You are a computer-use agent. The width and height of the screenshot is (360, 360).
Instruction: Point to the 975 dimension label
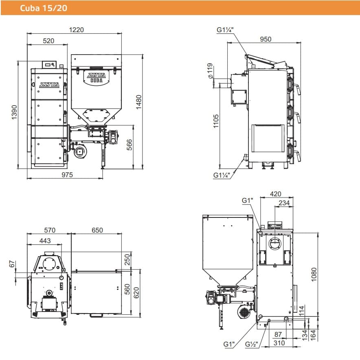coord(66,175)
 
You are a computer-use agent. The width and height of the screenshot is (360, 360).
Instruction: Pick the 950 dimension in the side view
coord(266,39)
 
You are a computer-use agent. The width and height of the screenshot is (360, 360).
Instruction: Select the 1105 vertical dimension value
coord(216,121)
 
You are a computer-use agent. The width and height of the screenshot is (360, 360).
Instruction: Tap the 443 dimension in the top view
coord(45,241)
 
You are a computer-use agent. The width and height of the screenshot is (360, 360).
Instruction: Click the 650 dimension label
coord(97,230)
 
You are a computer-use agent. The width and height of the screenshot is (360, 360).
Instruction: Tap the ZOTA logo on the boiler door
coord(49,85)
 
